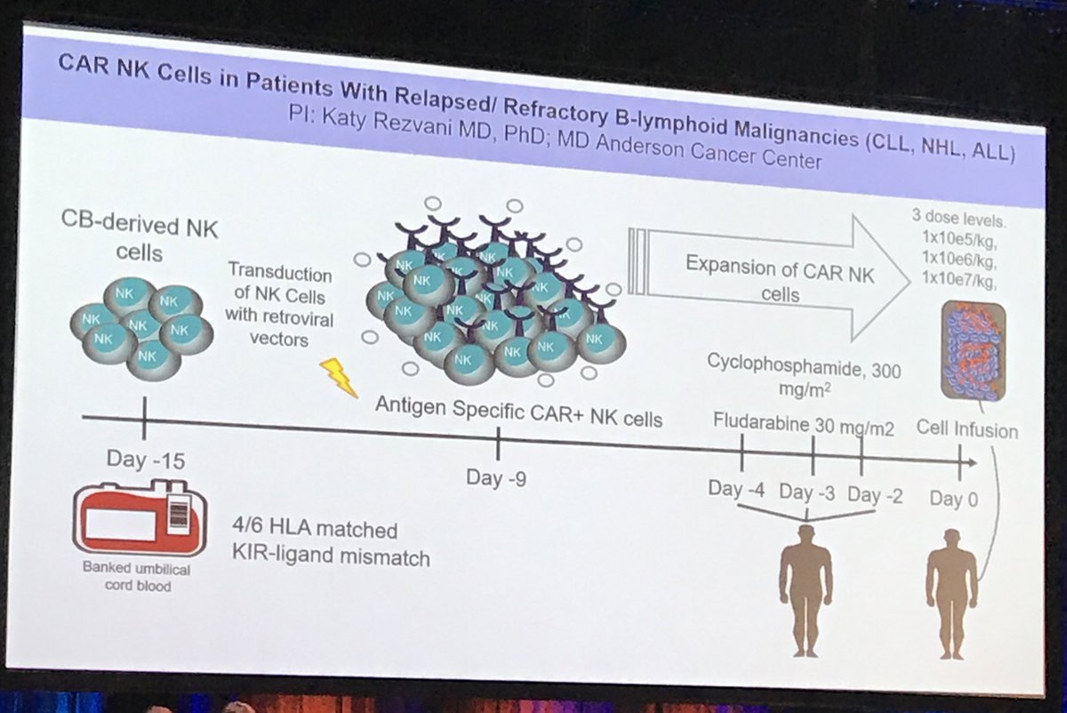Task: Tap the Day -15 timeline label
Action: click(x=146, y=460)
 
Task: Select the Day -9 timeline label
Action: click(x=496, y=477)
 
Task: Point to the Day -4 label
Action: click(x=738, y=489)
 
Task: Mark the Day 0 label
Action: click(x=954, y=499)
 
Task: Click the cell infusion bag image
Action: click(x=974, y=350)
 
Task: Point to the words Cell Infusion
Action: click(x=967, y=430)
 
